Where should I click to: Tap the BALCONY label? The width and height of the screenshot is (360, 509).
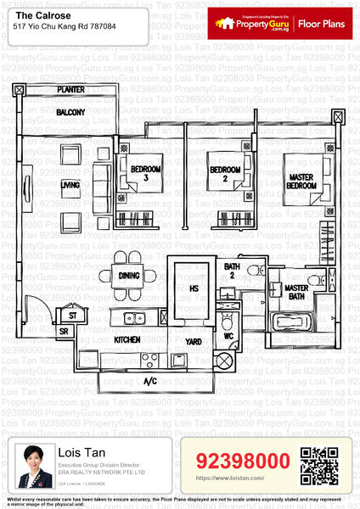pyautogui.click(x=70, y=112)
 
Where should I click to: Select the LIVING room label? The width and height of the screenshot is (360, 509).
pyautogui.click(x=70, y=184)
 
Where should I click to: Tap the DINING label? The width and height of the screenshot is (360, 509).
pyautogui.click(x=129, y=275)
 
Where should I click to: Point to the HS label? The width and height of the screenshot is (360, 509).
pyautogui.click(x=192, y=288)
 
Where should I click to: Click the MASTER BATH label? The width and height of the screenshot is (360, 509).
pyautogui.click(x=296, y=293)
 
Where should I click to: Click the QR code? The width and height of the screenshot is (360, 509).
pyautogui.click(x=319, y=464)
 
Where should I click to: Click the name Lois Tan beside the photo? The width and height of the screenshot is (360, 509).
pyautogui.click(x=79, y=453)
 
